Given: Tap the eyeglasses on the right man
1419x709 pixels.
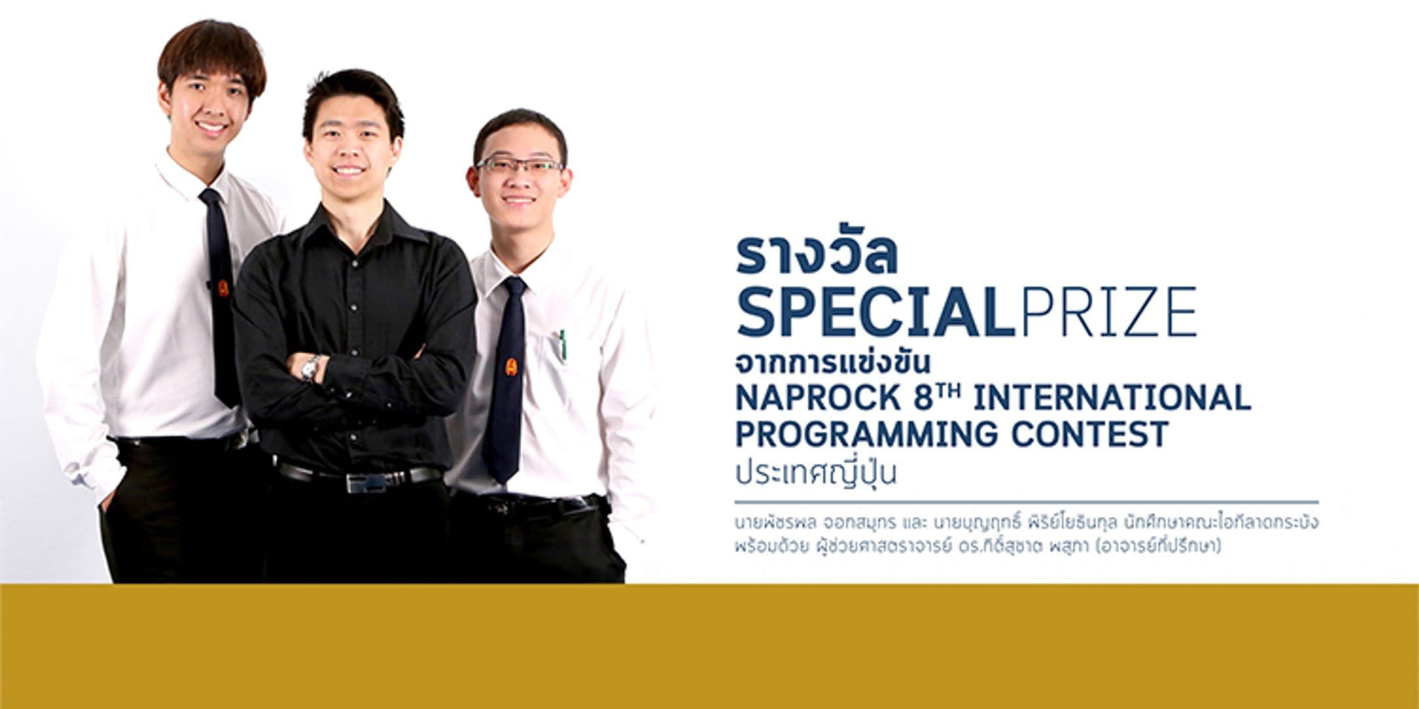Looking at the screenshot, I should click(x=520, y=165).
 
